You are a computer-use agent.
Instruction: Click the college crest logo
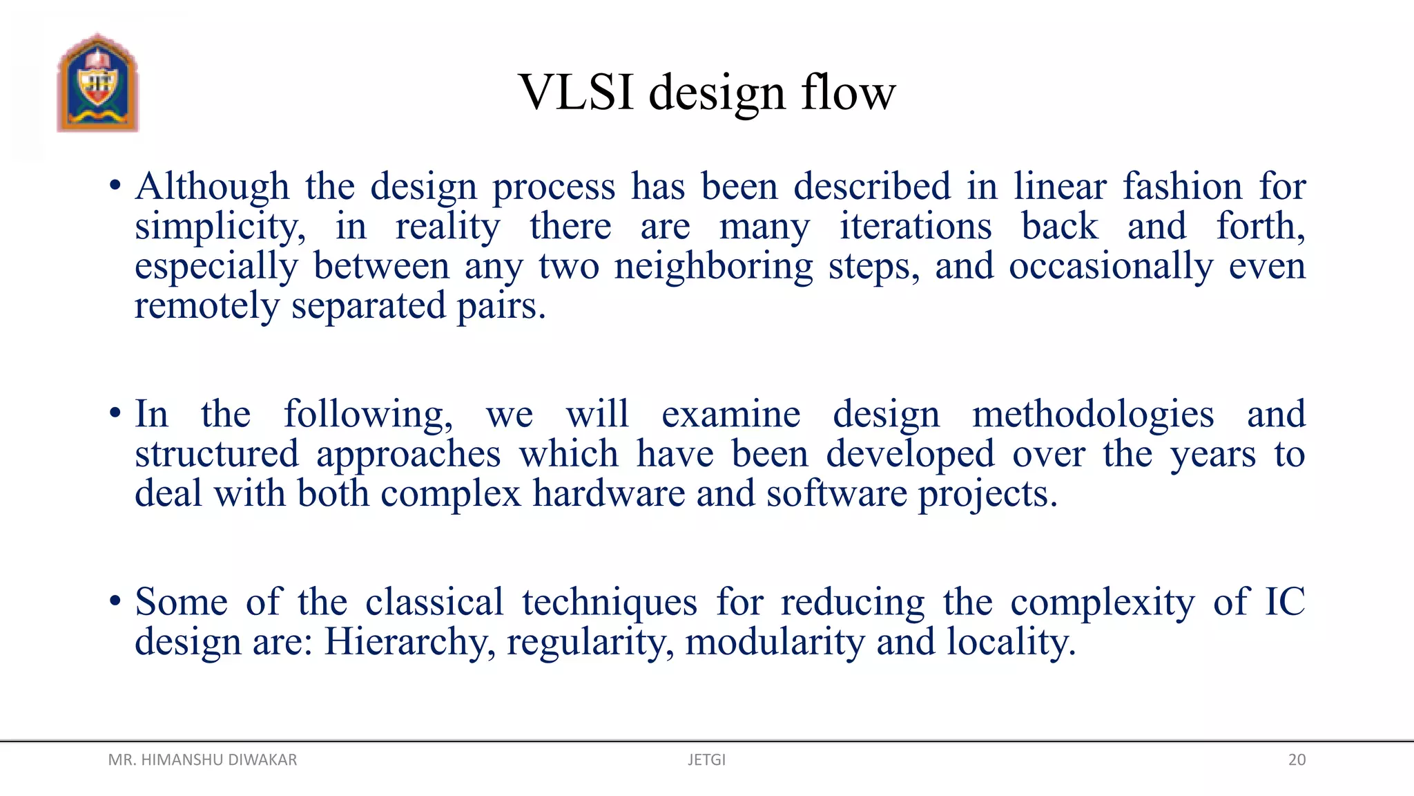(x=98, y=83)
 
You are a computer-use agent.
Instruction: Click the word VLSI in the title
(x=576, y=92)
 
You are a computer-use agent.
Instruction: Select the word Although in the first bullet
(x=212, y=187)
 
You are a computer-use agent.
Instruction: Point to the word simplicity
(x=220, y=227)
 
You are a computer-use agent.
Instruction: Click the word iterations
(x=916, y=227)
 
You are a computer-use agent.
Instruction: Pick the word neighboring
(x=714, y=267)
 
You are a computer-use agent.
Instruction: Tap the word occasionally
(x=1110, y=267)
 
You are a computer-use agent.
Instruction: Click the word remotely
(x=206, y=306)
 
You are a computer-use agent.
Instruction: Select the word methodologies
(x=1093, y=415)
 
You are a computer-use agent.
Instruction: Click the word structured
(x=217, y=455)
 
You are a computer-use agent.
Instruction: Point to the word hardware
(x=608, y=494)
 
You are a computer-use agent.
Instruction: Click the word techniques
(x=610, y=603)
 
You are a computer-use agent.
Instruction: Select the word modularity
(x=775, y=643)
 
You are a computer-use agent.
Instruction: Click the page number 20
(x=1297, y=760)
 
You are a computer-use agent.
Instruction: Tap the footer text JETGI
(x=706, y=760)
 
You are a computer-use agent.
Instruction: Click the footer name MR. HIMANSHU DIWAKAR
(x=202, y=760)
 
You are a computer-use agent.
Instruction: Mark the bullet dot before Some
(x=115, y=600)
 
